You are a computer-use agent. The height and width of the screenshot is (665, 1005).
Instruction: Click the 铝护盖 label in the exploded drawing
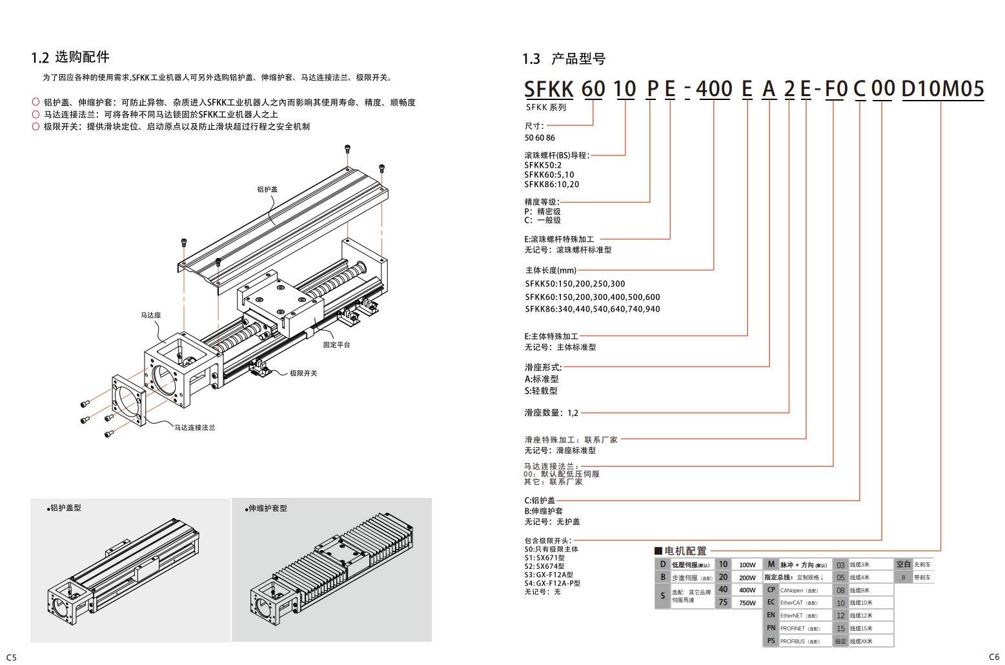coord(267,190)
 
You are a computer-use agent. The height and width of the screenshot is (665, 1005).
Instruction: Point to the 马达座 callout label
coord(150,315)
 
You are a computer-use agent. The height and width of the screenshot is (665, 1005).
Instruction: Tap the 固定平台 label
coord(336,345)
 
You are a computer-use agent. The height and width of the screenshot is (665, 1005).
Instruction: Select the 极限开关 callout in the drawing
coord(303,373)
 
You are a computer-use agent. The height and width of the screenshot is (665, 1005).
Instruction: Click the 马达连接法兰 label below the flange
coord(194,428)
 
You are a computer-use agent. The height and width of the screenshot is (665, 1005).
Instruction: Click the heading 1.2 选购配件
coord(70,57)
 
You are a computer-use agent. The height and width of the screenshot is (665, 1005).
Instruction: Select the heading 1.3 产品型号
coord(563,59)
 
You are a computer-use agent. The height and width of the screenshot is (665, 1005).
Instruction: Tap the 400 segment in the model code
coord(713,89)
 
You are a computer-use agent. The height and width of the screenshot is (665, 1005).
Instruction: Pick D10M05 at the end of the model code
coord(942,89)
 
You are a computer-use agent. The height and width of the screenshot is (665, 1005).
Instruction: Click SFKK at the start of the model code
coord(549,89)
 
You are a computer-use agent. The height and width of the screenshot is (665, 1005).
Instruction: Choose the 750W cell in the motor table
coord(747,603)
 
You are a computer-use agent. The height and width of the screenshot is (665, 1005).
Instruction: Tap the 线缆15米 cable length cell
coord(861,628)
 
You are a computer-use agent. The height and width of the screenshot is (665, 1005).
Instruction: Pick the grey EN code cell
coord(771,615)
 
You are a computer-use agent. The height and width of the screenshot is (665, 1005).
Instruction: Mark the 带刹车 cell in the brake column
coord(922,578)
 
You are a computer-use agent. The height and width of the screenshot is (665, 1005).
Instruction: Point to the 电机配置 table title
coord(685,551)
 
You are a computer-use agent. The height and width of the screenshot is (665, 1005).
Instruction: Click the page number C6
coord(994,657)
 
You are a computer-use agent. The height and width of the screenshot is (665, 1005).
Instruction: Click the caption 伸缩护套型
coord(267,508)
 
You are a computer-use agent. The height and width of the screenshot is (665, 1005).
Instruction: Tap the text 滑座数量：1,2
coord(551,413)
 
